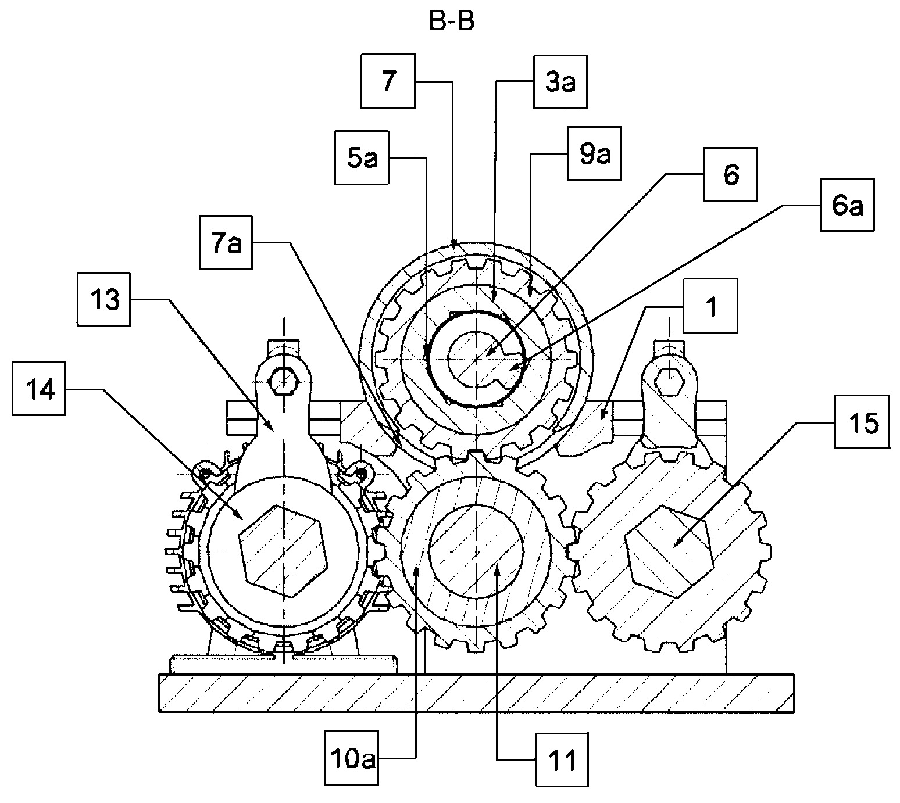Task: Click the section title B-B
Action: pos(452,21)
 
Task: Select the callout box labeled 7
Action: pos(388,81)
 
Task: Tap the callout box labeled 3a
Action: pos(560,82)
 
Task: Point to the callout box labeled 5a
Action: pos(362,157)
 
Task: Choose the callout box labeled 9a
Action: pos(594,153)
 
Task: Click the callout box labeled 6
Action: pos(730,174)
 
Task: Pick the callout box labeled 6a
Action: pos(848,205)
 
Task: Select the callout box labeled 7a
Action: pos(226,242)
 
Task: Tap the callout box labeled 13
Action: pos(104,300)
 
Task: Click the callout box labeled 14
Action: pos(38,388)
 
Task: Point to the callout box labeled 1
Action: pos(710,306)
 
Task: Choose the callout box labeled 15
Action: pos(863,422)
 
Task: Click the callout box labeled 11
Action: pos(562,759)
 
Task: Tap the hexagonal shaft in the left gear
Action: pos(283,552)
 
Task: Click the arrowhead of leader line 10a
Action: pos(417,572)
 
